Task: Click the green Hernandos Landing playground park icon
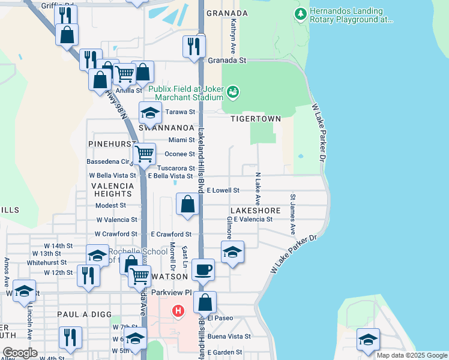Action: point(300,13)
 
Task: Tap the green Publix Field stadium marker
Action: point(233,92)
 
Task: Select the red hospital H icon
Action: point(178,311)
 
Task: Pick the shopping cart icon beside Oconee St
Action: point(144,154)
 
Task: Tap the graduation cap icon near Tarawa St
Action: point(151,112)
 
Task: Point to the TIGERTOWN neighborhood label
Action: point(256,119)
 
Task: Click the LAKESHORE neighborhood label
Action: point(255,211)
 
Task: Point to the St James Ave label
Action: point(293,214)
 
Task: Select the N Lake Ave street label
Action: point(258,188)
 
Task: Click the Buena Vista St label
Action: point(229,337)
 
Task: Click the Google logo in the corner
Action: point(20,353)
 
